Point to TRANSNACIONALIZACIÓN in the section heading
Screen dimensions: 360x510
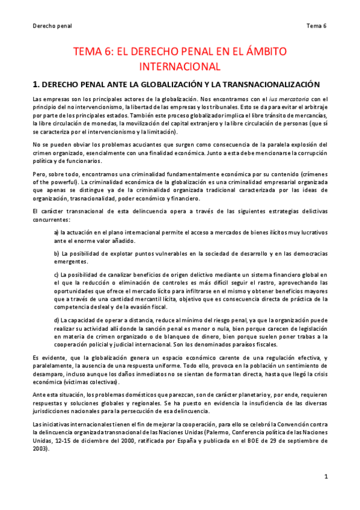point(264,84)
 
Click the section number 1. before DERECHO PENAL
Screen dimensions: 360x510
point(35,84)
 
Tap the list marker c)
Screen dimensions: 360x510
point(56,275)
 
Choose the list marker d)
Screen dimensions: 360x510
point(56,320)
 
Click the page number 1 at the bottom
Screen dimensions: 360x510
point(325,477)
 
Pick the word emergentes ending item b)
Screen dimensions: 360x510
point(71,261)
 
